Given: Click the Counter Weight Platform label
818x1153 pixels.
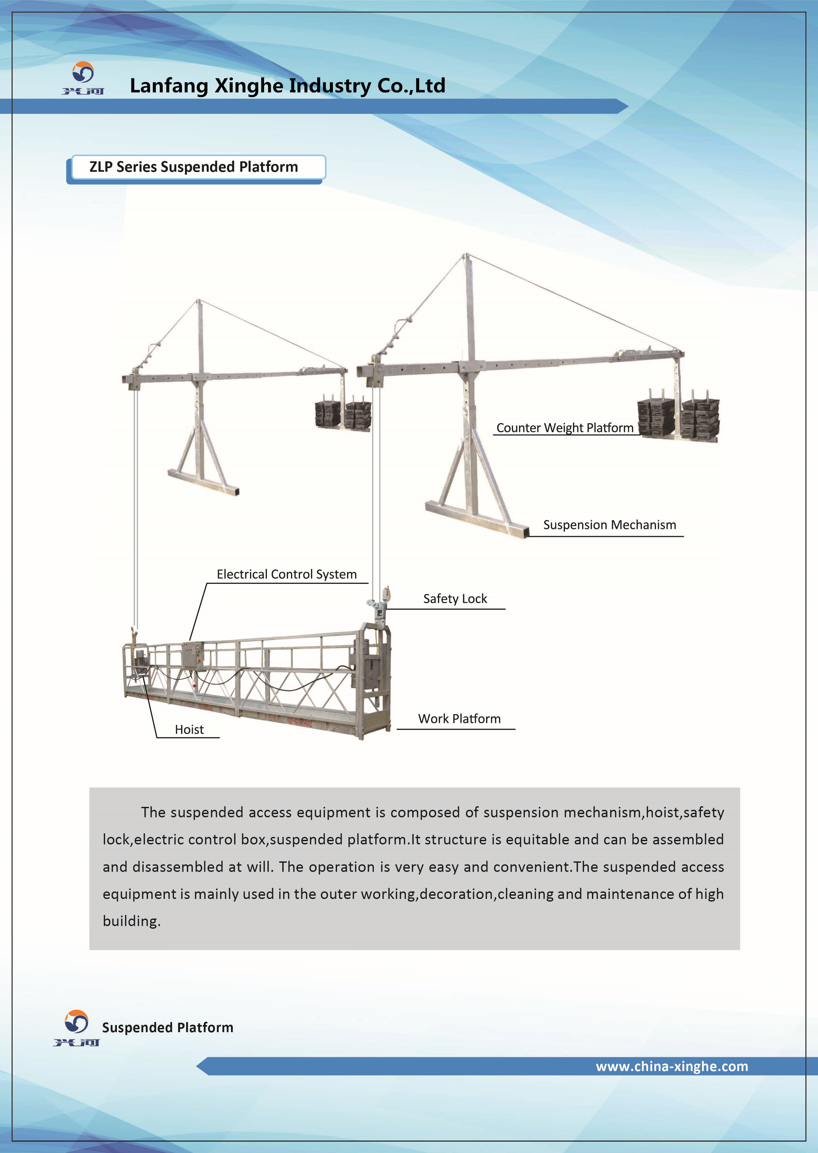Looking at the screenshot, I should (564, 428).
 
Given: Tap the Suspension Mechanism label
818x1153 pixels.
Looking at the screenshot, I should (610, 525).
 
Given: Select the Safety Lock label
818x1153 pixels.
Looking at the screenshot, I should (455, 599).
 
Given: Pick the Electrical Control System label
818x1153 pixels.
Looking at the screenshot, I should (286, 574).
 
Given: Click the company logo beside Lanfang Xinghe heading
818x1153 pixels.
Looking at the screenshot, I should (83, 78).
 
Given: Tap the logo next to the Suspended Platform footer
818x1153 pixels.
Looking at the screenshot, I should (76, 1027).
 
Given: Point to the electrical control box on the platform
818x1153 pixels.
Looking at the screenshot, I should (192, 656).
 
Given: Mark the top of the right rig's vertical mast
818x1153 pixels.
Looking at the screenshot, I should (467, 257).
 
